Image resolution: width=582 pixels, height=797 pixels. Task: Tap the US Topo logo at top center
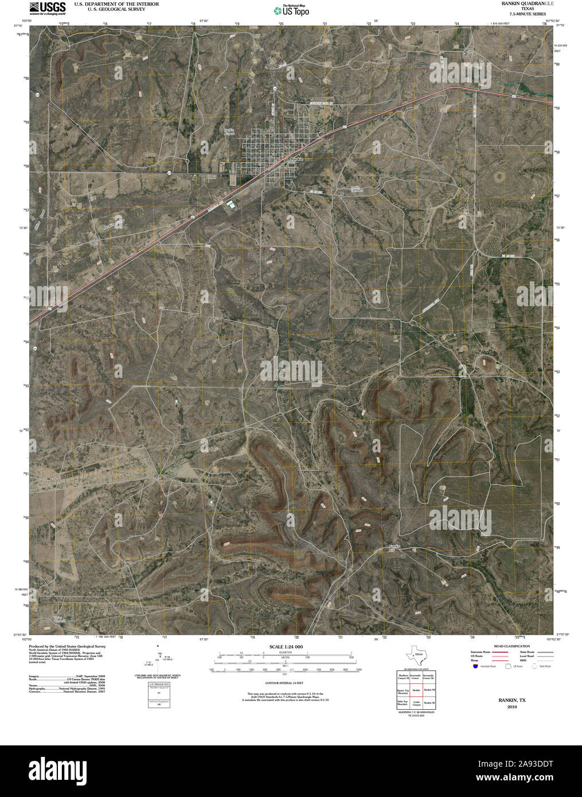click(291, 10)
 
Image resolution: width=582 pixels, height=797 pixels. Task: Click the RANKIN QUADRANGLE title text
click(522, 3)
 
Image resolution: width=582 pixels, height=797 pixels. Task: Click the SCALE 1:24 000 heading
click(286, 647)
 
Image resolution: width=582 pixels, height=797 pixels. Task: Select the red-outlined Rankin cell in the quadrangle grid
click(417, 690)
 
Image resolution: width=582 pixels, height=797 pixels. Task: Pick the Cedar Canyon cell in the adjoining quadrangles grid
click(417, 703)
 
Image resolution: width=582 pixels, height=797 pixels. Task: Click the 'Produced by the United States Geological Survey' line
click(67, 646)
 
